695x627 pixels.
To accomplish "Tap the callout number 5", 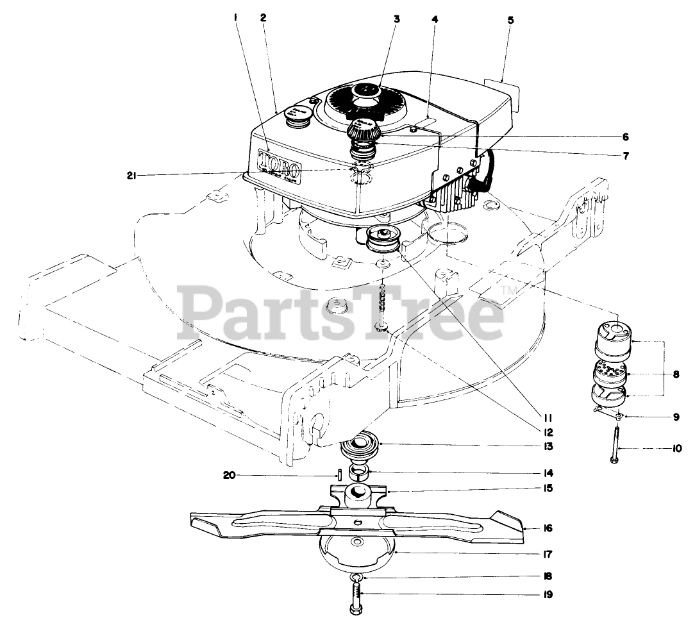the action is [510, 20].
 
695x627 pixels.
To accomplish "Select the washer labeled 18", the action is [357, 578].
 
